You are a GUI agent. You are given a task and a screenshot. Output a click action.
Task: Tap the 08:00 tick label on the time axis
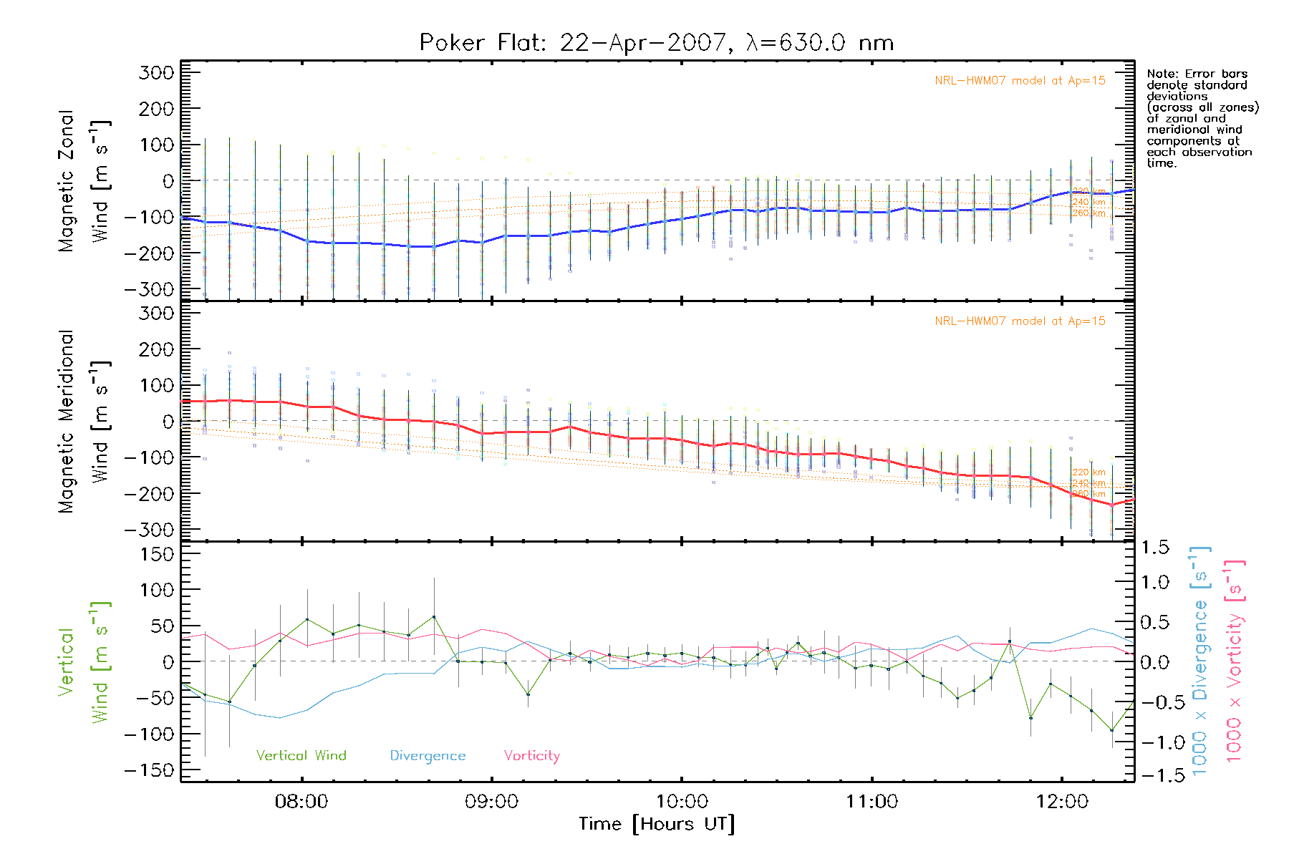tap(301, 802)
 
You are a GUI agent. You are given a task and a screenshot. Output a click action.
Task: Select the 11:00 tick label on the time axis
tap(872, 802)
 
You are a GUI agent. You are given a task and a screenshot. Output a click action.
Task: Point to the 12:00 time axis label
tap(1062, 802)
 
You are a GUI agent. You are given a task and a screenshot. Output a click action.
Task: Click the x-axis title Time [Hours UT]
tap(657, 825)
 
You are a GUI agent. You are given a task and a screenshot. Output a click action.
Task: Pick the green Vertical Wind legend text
tap(301, 756)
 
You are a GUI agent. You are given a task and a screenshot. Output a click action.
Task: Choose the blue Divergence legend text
tap(428, 756)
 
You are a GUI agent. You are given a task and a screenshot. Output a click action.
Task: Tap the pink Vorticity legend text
tap(531, 756)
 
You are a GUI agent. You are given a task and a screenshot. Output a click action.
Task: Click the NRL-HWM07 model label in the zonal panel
tap(1020, 81)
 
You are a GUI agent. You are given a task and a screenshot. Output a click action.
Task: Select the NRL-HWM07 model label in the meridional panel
tap(1020, 321)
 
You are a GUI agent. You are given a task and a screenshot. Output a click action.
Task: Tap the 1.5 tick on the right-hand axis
tap(1155, 548)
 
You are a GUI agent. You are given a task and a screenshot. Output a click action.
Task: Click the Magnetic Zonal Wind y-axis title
tap(83, 180)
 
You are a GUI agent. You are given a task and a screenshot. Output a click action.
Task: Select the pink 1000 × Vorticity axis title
tap(1235, 661)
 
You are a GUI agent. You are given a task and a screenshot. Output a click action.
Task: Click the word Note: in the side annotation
tap(1162, 74)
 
